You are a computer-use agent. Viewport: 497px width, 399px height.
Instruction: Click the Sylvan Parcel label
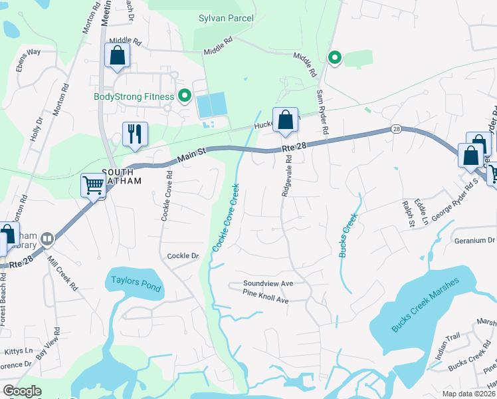pyautogui.click(x=226, y=18)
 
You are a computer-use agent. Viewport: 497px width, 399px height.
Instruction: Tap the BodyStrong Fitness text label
pyautogui.click(x=134, y=96)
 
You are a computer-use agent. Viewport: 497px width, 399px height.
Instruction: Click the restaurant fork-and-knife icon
pyautogui.click(x=134, y=134)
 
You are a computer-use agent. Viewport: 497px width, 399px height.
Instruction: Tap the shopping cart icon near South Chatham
pyautogui.click(x=93, y=185)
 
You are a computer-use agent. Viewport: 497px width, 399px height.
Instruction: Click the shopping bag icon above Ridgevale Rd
pyautogui.click(x=285, y=120)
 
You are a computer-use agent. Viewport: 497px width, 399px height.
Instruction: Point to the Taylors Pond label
pyautogui.click(x=136, y=281)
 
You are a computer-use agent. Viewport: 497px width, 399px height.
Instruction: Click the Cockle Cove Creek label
pyautogui.click(x=225, y=217)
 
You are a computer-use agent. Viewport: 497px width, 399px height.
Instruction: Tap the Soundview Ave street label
pyautogui.click(x=268, y=283)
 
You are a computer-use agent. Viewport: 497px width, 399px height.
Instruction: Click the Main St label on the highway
pyautogui.click(x=193, y=157)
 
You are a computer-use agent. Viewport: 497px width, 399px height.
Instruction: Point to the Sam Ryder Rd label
pyautogui.click(x=322, y=111)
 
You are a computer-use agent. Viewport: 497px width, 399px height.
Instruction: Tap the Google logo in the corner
pyautogui.click(x=22, y=390)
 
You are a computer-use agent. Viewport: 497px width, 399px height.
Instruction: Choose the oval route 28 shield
pyautogui.click(x=396, y=130)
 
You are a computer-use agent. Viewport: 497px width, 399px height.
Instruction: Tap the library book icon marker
pyautogui.click(x=47, y=239)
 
